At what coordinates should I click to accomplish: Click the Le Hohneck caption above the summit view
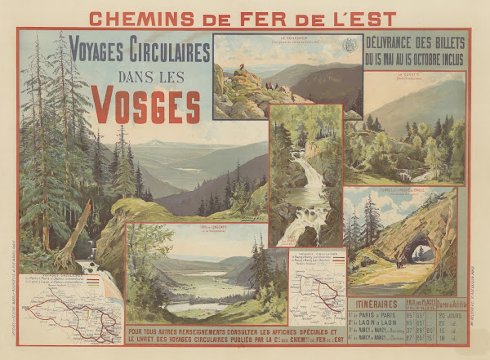click(287, 38)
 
